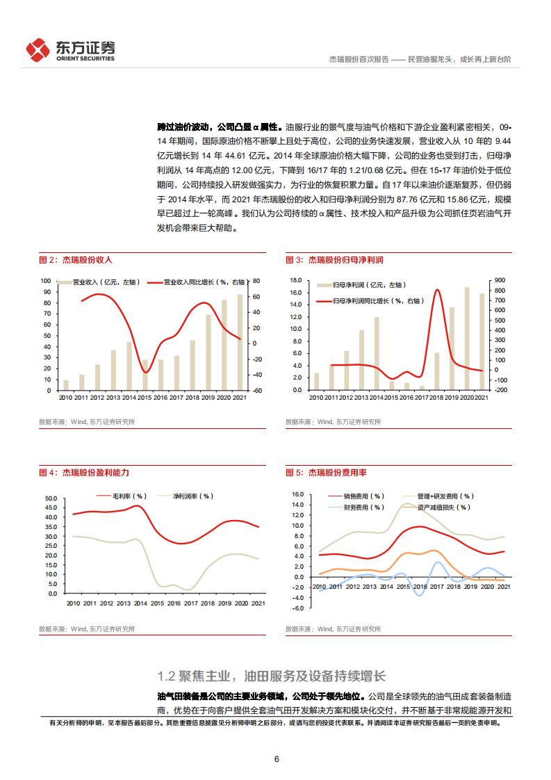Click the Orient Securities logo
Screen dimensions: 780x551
coord(70,50)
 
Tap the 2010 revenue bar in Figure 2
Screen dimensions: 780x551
coord(66,385)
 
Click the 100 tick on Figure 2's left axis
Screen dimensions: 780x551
coord(47,281)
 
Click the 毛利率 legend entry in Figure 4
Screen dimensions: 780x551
coord(119,496)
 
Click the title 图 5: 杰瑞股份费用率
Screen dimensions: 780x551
coord(327,473)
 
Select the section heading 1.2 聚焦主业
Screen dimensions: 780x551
coord(271,676)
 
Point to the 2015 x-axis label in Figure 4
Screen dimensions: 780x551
coord(158,603)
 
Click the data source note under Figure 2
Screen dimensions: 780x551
coord(87,422)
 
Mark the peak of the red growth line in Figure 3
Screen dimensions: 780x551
coord(437,290)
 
